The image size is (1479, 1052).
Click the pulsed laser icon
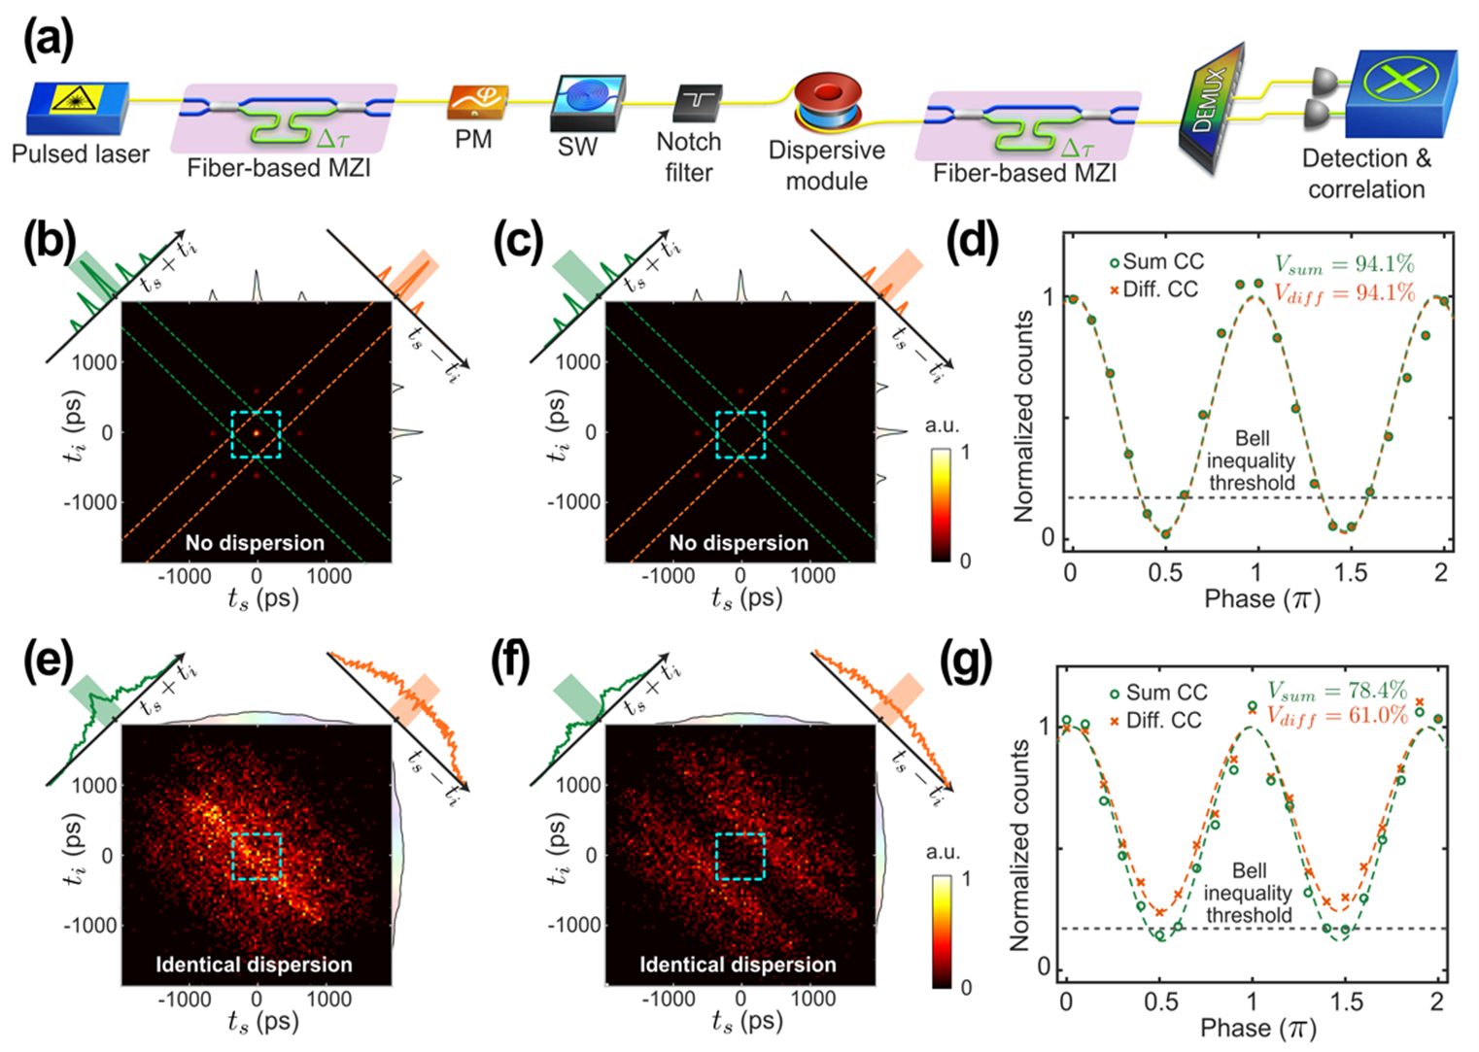tap(77, 108)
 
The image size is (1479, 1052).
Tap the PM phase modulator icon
tap(477, 102)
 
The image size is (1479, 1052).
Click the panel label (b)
tap(49, 242)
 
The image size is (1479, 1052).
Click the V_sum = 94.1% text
tap(1344, 263)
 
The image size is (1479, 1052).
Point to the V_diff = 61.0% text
tap(1337, 716)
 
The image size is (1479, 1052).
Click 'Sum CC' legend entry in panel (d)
tap(1156, 261)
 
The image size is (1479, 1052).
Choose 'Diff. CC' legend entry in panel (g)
tap(1155, 720)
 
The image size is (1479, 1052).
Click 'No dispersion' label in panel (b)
tap(255, 543)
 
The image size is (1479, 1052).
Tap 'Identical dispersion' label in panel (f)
tap(738, 965)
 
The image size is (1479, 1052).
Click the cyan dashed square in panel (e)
tap(257, 856)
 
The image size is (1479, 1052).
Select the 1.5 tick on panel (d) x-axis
tap(1350, 572)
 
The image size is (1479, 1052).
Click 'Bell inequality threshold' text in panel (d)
tap(1251, 460)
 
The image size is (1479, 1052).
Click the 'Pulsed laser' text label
tap(81, 154)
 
